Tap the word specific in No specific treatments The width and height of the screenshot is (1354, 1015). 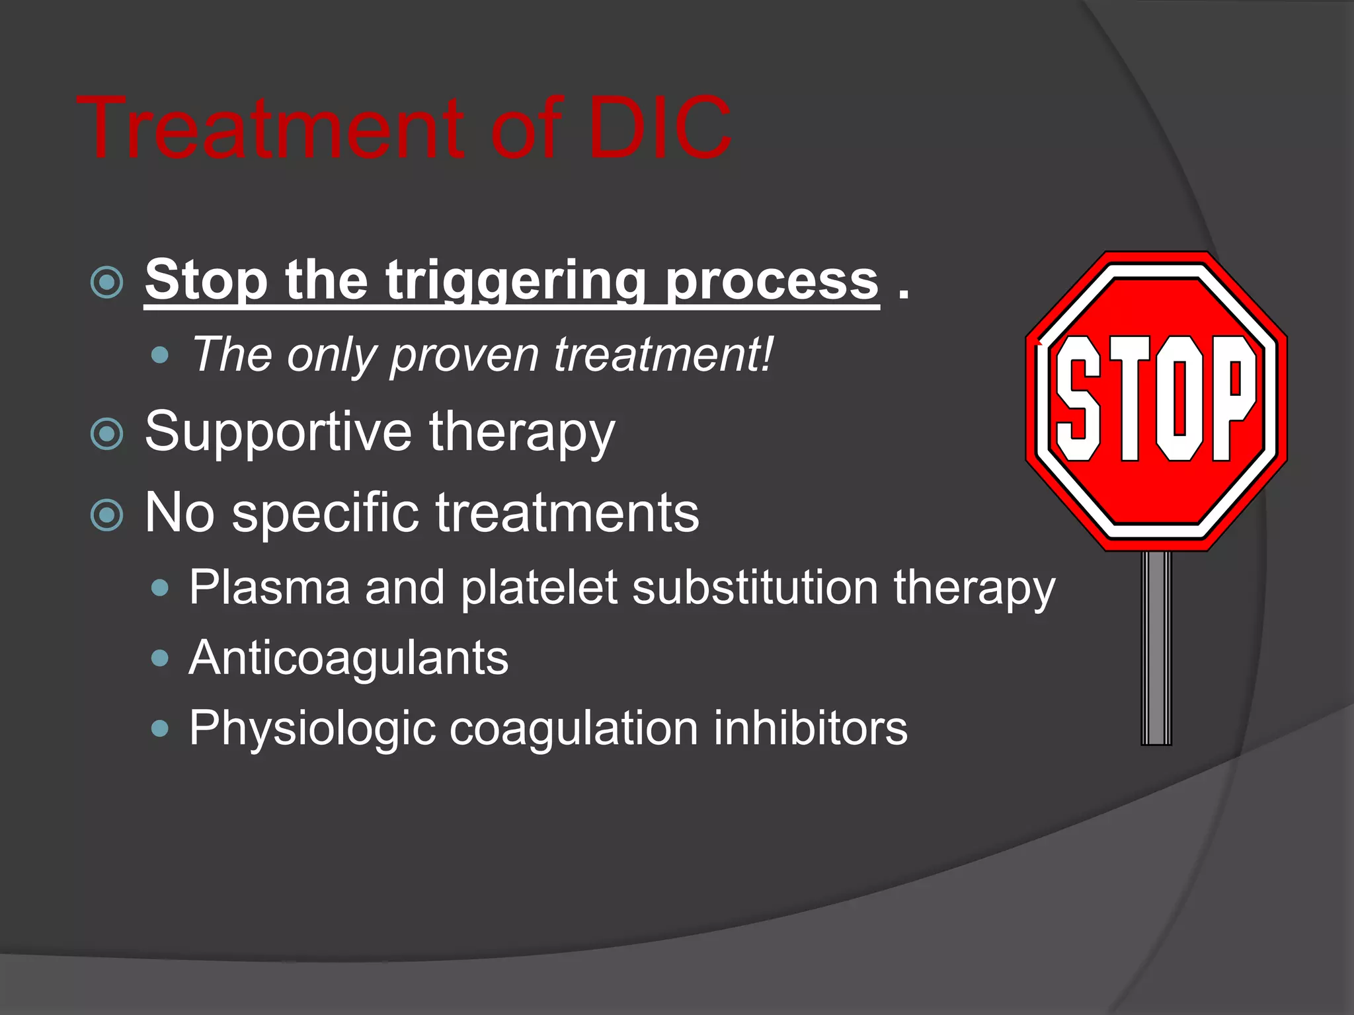point(325,513)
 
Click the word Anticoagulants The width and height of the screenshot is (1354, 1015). point(348,659)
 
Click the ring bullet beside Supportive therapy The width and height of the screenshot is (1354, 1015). point(106,434)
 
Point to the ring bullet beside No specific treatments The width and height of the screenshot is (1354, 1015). point(106,515)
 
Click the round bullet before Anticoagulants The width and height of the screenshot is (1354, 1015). point(160,658)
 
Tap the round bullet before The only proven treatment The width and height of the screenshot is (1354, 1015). point(160,356)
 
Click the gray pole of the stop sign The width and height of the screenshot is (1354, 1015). point(1156,648)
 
